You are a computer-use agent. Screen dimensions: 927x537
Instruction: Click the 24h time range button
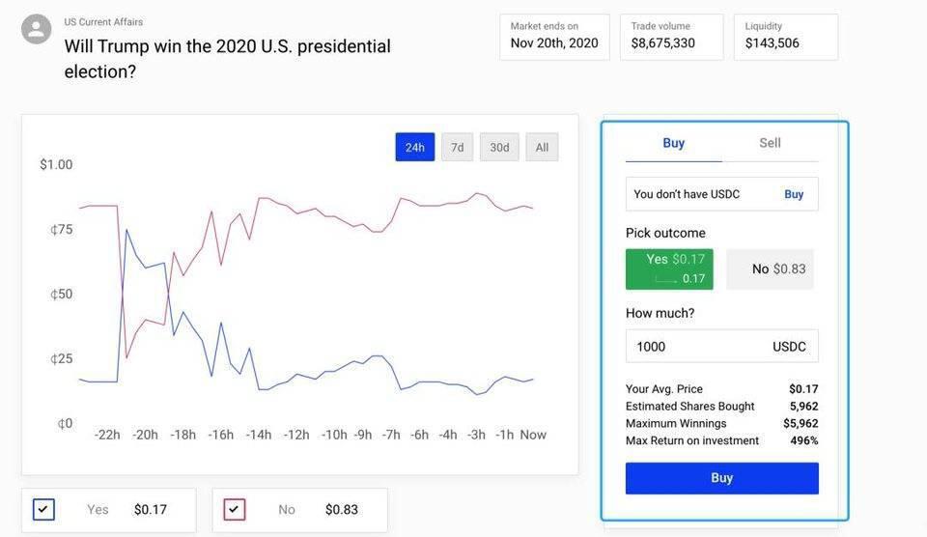point(414,147)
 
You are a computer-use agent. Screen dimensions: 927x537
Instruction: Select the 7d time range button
point(457,147)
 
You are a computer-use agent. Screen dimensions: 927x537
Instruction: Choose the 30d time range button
point(499,147)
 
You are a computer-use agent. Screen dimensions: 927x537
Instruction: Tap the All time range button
point(542,147)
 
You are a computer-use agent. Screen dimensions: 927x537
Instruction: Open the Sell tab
point(770,143)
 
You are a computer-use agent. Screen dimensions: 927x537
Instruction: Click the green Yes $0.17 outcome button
point(669,269)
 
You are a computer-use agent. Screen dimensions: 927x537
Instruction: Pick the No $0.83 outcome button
point(770,269)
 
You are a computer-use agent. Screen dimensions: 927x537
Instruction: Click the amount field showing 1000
point(722,346)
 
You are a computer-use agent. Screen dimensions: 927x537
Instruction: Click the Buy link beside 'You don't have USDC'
point(794,194)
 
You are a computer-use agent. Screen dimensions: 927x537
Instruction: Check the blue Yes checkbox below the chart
point(43,509)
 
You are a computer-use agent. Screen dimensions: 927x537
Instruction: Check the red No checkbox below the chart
point(235,509)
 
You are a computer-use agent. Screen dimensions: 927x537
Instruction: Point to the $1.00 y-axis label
point(56,164)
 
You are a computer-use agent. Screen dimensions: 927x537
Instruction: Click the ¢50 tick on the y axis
point(62,294)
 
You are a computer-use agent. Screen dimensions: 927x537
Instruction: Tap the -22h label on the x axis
point(107,435)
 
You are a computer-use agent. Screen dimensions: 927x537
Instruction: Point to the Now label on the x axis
point(533,435)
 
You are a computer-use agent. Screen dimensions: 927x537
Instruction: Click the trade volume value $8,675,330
point(662,43)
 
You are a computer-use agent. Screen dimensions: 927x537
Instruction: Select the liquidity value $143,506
point(772,43)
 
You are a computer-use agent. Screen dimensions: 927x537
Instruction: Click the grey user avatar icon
point(36,28)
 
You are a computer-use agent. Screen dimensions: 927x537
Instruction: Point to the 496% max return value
point(804,440)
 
